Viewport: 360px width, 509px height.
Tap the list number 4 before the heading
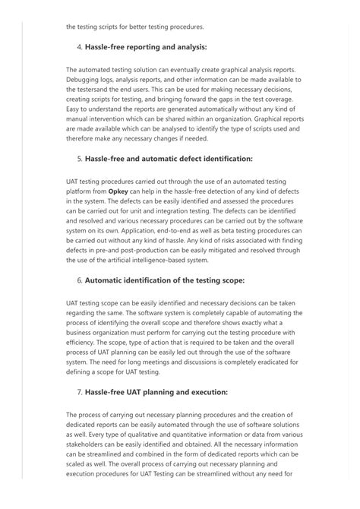coord(80,48)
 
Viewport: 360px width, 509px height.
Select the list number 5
coord(80,159)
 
